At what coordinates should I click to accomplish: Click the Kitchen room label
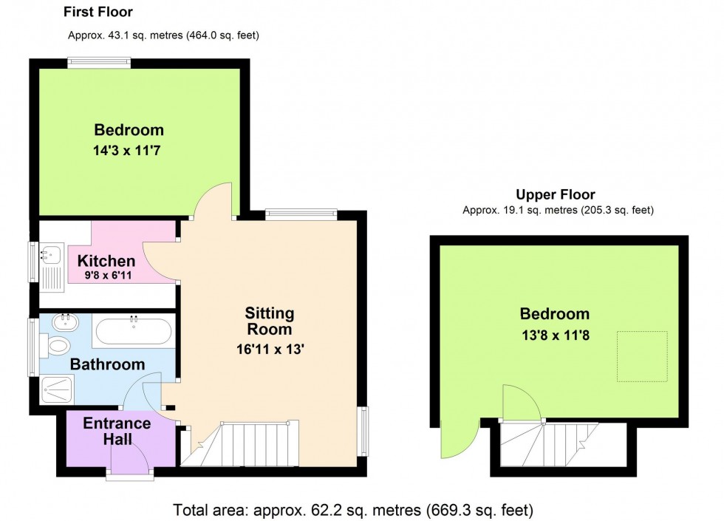106,261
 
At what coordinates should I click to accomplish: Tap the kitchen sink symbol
50,255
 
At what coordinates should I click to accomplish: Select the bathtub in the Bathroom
134,330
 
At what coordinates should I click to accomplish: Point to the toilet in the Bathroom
57,345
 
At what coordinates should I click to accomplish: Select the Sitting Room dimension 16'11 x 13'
270,350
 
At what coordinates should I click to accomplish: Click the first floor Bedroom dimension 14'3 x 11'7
129,149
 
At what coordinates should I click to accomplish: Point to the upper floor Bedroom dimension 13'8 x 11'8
554,333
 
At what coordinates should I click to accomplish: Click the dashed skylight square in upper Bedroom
642,357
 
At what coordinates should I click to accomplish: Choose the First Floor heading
98,13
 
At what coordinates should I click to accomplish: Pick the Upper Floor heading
555,195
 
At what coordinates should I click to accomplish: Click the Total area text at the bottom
353,510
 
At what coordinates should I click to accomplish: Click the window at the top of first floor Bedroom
99,64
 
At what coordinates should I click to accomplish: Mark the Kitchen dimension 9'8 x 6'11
107,275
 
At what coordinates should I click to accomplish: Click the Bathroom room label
107,364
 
